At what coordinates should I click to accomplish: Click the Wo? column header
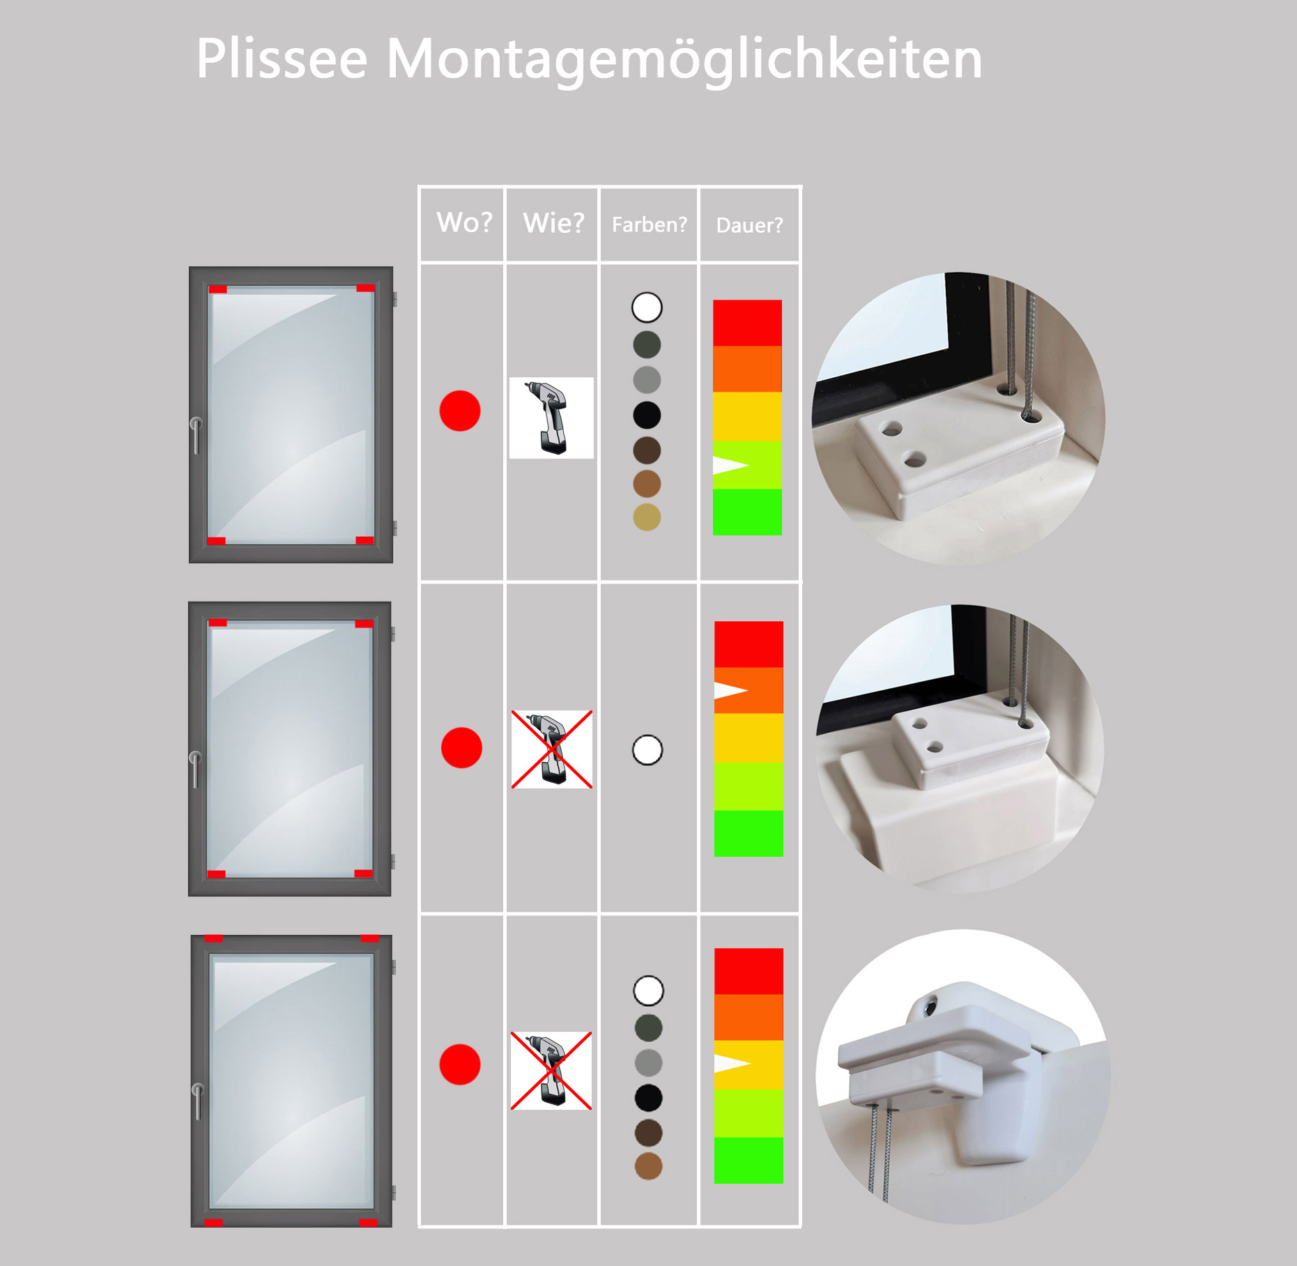pos(464,222)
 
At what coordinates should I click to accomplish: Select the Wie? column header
pos(553,223)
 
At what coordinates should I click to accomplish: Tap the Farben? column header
pos(649,224)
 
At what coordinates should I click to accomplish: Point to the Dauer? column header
pos(749,225)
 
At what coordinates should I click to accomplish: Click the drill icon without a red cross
pos(551,418)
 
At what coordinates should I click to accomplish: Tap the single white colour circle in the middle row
pos(647,750)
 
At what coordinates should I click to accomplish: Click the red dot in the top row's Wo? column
pos(460,411)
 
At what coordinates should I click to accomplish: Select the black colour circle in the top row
pos(647,415)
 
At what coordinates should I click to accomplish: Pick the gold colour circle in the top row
pos(647,517)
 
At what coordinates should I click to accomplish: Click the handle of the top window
pos(196,435)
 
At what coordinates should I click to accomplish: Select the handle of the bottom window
pos(197,1101)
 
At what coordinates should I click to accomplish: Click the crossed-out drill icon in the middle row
pos(552,749)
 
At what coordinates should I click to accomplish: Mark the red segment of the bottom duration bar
pos(749,971)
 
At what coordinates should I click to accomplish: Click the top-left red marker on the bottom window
pos(213,938)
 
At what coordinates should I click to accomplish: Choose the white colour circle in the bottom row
pos(649,991)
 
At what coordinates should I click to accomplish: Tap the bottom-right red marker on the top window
pos(364,540)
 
